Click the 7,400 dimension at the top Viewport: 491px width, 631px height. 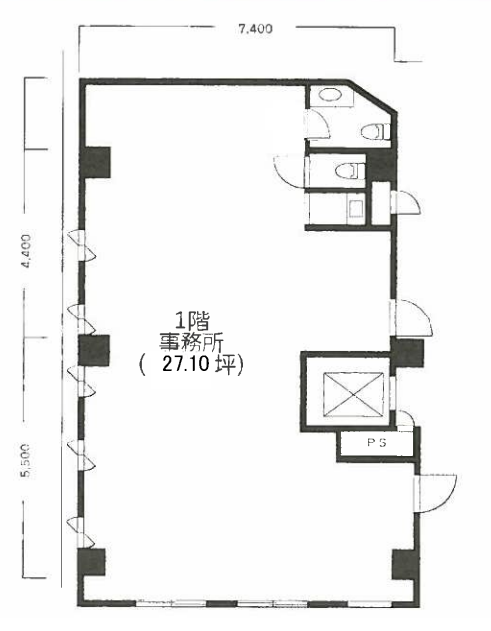point(255,29)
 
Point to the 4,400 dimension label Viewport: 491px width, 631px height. point(27,251)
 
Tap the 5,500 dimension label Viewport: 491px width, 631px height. point(26,460)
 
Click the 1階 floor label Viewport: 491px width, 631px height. point(192,321)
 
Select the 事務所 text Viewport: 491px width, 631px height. point(191,343)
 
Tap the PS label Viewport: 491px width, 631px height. point(376,442)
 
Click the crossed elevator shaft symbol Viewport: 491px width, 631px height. point(353,394)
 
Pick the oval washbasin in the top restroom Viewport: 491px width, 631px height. point(330,95)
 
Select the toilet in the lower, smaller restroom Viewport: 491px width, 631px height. point(350,170)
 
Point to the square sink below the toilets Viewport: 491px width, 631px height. point(356,209)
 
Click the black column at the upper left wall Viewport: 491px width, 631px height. point(95,162)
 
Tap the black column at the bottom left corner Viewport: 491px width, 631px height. point(92,562)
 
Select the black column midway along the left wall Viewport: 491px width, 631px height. point(94,350)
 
